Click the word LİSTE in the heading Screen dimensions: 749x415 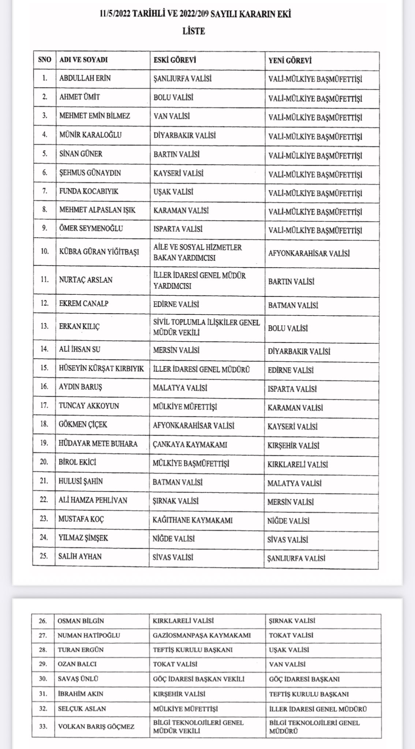coord(194,31)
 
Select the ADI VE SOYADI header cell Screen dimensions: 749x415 coord(83,60)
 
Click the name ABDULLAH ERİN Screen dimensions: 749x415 coord(85,78)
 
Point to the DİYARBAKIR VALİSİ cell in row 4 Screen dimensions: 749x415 coord(184,135)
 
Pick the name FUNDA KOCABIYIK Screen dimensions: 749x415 coord(89,191)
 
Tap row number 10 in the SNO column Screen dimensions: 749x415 coord(44,252)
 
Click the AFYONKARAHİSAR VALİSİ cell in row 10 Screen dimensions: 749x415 coord(309,253)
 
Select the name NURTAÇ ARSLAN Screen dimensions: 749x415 coord(86,280)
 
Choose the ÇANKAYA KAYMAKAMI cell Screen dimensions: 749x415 coord(190,445)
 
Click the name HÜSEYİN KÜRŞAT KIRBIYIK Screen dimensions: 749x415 coord(101,369)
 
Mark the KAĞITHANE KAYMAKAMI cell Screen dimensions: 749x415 coord(192,520)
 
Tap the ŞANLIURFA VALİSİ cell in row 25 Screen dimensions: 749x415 coord(296,558)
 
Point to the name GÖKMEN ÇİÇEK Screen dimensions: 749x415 coord(83,425)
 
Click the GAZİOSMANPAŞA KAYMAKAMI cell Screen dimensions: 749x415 coord(202,635)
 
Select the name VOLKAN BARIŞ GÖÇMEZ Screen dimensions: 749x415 coord(96,726)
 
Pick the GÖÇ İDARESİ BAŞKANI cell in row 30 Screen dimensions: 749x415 coord(304,679)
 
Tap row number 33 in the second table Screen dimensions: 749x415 coord(43,726)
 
